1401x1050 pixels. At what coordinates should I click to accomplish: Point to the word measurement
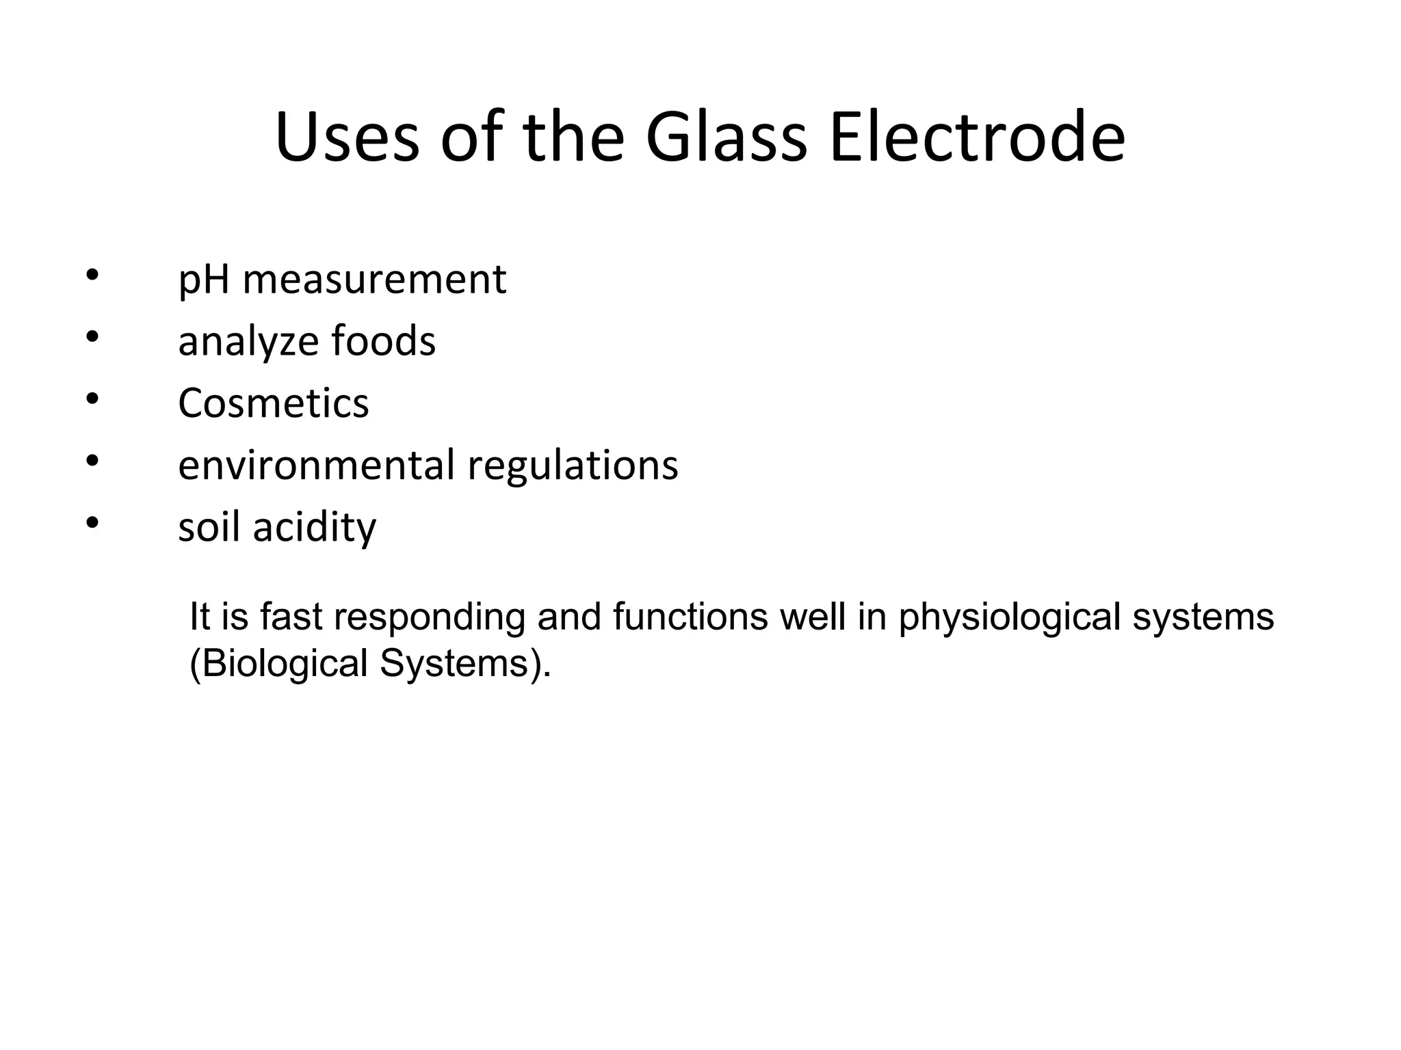[374, 280]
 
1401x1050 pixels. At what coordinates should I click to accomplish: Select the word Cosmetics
[273, 403]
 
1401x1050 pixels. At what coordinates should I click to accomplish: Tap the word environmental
[316, 465]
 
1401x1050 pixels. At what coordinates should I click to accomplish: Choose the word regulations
[573, 466]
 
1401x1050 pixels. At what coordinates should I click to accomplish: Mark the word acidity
[315, 528]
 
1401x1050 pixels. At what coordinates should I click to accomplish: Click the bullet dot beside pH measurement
[93, 275]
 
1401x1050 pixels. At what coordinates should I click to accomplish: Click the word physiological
[1010, 617]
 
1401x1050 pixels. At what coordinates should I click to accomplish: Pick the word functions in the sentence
[690, 616]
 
